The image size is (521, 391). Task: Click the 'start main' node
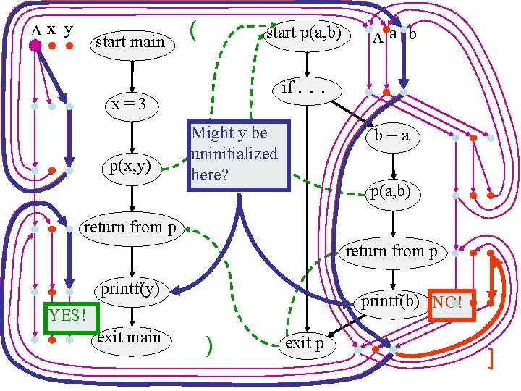click(x=130, y=43)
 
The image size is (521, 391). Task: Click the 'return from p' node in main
click(x=130, y=227)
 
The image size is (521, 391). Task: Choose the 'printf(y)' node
click(x=130, y=290)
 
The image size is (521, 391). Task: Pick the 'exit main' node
click(x=129, y=337)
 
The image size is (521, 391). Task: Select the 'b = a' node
click(x=391, y=136)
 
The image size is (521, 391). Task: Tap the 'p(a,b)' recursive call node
click(x=391, y=191)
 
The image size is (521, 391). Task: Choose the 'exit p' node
click(x=305, y=343)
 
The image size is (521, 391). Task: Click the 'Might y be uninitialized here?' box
click(x=239, y=154)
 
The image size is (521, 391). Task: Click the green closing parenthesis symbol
click(x=208, y=346)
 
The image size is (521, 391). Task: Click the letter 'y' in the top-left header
click(x=68, y=30)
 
